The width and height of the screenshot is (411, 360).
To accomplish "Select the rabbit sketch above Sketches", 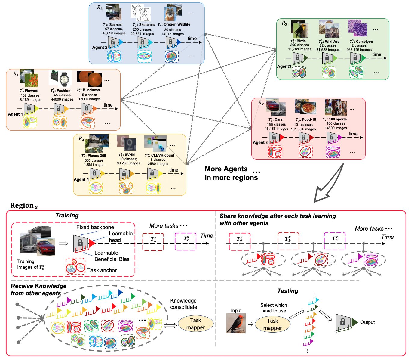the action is coord(143,14).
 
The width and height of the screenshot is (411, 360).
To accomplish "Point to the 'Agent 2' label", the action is coord(100,47).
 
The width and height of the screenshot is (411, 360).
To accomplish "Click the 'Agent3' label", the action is coord(284,66).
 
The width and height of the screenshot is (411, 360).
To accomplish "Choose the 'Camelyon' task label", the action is coord(361,42).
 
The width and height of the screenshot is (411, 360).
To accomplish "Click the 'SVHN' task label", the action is coord(127,155).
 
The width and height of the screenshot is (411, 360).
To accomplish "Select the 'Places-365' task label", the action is coord(94,155).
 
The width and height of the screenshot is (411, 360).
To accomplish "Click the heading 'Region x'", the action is coord(24,206).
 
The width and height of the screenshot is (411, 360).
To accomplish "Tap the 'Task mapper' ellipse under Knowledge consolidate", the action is coord(195,324).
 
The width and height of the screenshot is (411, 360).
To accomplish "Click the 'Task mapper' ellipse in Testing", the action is coord(273,324).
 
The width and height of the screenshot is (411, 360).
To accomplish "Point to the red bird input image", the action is coord(236,323).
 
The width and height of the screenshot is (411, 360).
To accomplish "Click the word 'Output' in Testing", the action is coord(367,322).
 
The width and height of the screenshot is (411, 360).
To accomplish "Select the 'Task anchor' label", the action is coord(102,270).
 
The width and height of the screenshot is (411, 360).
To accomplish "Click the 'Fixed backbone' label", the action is coord(95,227).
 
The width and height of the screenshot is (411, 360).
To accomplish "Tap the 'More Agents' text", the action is coord(226,169).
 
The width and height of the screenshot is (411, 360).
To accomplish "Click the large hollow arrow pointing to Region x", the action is coord(328,183).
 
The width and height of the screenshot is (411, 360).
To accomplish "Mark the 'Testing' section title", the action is coord(288,291).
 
